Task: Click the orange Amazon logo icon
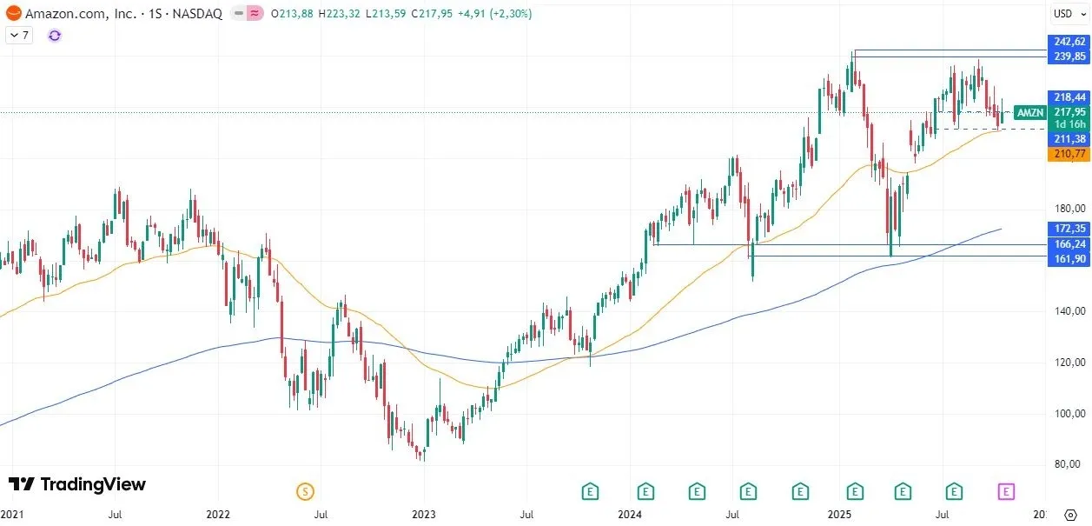[x=13, y=14]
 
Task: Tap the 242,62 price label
[x=1069, y=42]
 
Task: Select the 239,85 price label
[x=1069, y=57]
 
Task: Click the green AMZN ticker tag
[x=1030, y=112]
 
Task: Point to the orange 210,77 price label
[x=1069, y=154]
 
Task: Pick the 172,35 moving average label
[x=1069, y=229]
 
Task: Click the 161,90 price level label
[x=1069, y=260]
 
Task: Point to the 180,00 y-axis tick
[x=1069, y=209]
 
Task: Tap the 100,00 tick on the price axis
[x=1069, y=413]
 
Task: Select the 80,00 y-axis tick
[x=1069, y=464]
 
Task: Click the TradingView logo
[x=77, y=484]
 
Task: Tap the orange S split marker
[x=305, y=491]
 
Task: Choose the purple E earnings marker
[x=1006, y=491]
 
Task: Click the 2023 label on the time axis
[x=423, y=515]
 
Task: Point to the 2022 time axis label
[x=217, y=515]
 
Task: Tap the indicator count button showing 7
[x=20, y=36]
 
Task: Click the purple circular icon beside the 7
[x=55, y=36]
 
